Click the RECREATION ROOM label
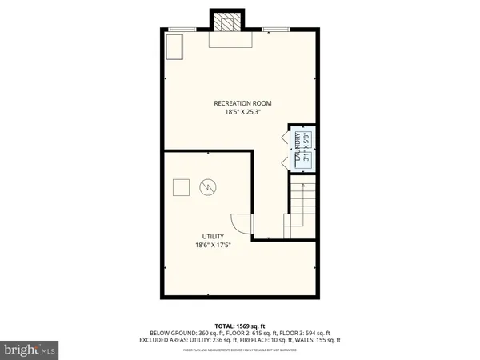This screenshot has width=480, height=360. [243, 102]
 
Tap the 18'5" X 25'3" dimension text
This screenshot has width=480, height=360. [243, 112]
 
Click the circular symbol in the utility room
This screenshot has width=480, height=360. [208, 187]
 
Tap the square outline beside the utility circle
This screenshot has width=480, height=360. [182, 187]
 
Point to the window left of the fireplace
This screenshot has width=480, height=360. [182, 30]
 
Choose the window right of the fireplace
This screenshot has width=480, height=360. [276, 30]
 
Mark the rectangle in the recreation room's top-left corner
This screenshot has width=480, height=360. [174, 46]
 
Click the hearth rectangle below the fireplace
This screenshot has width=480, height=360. [230, 40]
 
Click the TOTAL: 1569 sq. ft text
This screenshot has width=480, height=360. [240, 325]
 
